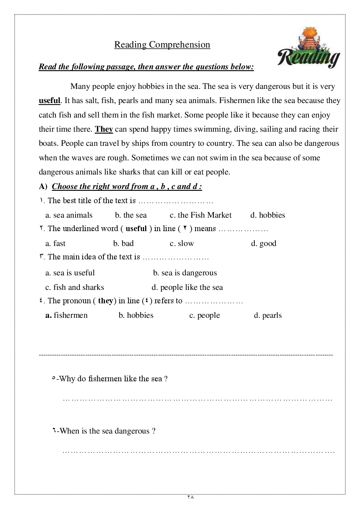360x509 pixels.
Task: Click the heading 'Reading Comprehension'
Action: click(162, 45)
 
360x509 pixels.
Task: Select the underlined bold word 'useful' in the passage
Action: click(49, 100)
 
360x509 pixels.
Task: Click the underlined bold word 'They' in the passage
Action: click(104, 129)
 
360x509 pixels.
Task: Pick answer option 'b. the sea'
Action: click(131, 215)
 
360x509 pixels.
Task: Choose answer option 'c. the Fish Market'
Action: click(200, 215)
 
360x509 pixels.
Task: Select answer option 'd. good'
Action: click(263, 243)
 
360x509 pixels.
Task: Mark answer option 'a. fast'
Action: click(56, 243)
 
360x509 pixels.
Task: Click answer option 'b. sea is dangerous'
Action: click(185, 273)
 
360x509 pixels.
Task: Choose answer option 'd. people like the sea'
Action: click(187, 287)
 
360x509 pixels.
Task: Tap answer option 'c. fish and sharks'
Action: click(75, 287)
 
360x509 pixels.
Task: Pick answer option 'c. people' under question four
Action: click(204, 315)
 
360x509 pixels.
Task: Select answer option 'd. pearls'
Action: click(268, 315)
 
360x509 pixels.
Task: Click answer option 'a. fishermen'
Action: click(66, 315)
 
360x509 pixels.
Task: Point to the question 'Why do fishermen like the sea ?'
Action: click(110, 379)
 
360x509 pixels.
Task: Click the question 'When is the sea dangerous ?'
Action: click(104, 431)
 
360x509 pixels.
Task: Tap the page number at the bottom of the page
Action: click(191, 497)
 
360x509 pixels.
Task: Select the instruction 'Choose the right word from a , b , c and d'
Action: click(127, 186)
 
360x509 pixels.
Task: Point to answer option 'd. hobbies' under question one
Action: click(267, 215)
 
